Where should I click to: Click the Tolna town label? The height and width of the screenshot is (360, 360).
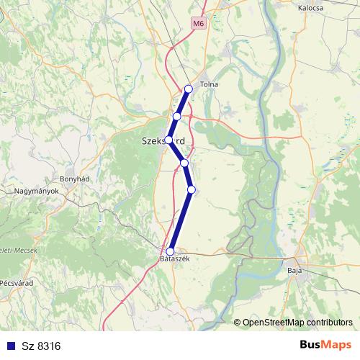tap(209, 85)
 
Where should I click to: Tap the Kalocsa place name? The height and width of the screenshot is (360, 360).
tap(312, 9)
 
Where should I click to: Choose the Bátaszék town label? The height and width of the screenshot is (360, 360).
tap(174, 260)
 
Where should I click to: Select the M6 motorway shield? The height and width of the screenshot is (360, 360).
tap(198, 24)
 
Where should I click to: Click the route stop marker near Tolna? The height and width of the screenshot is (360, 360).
tap(189, 89)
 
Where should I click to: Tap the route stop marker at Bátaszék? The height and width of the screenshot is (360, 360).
tap(171, 251)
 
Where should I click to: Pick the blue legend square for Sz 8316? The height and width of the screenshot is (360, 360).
tap(9, 346)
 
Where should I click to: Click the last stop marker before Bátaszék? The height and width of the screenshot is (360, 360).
tap(191, 189)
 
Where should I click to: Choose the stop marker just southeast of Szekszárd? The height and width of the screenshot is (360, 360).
tap(184, 163)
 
